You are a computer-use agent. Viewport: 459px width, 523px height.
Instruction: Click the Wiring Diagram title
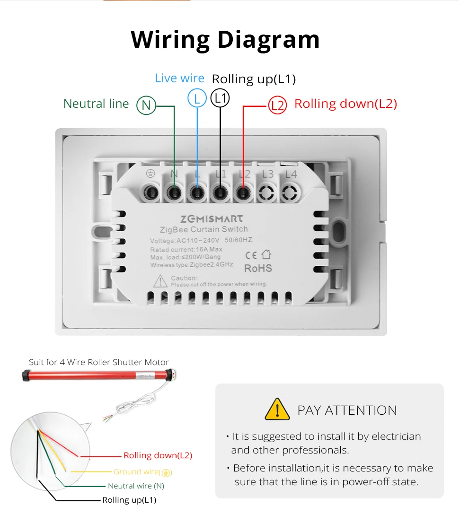225,39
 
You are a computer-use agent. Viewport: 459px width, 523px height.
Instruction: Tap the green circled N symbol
146,105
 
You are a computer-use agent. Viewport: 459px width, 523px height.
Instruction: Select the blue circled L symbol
197,98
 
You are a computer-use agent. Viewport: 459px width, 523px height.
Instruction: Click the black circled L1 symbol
220,98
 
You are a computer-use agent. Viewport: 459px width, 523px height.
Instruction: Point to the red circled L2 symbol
277,105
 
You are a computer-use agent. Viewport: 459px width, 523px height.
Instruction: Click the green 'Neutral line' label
96,104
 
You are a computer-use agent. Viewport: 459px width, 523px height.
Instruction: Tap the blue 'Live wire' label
179,78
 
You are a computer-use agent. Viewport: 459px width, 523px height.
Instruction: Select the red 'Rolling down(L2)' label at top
345,104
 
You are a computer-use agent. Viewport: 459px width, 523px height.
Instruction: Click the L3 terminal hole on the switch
267,192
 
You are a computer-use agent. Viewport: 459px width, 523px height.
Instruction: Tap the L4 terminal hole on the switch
290,192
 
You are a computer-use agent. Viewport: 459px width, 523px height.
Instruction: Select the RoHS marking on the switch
258,268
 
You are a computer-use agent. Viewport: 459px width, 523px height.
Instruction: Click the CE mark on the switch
251,255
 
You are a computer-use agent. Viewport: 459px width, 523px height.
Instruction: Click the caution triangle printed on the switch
160,281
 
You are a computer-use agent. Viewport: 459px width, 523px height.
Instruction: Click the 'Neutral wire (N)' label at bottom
136,486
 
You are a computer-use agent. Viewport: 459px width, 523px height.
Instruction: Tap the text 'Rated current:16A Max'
186,249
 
